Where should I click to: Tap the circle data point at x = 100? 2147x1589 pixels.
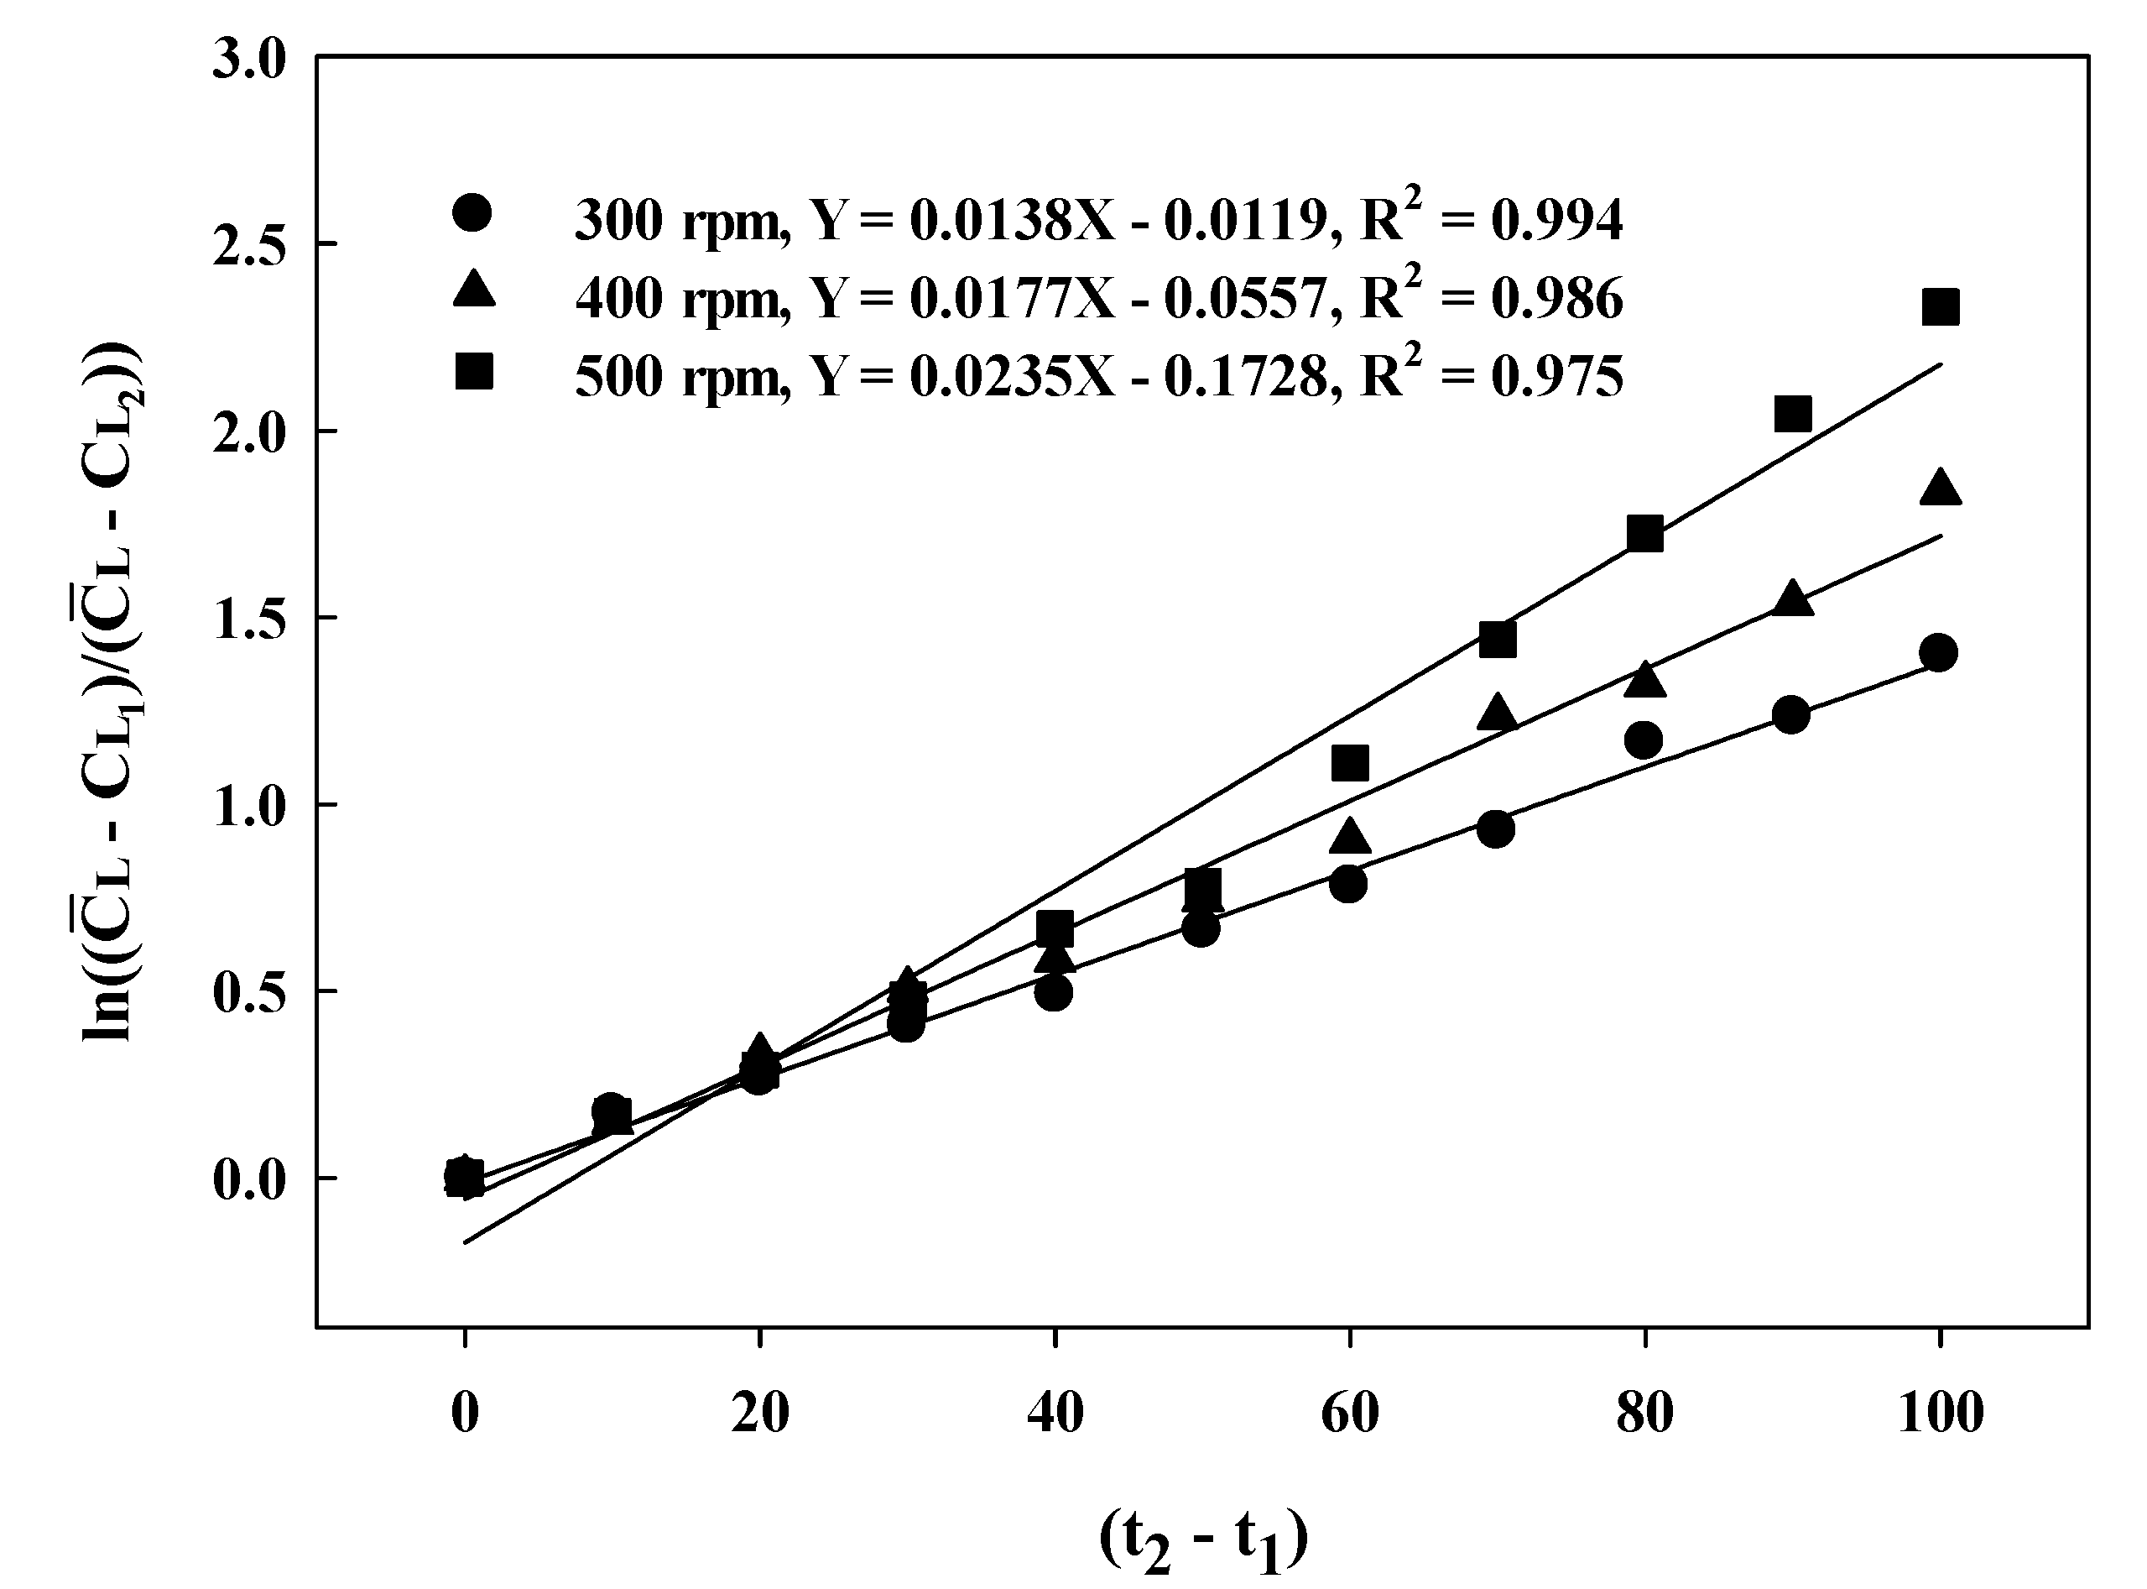pos(1938,653)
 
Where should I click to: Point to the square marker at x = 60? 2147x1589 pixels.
pos(1350,764)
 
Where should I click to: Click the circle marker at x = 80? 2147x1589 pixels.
pos(1644,740)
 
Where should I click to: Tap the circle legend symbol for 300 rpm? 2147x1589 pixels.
pos(472,212)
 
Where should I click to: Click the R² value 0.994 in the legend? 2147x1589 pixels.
pos(1558,220)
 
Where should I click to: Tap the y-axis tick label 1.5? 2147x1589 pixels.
pos(249,619)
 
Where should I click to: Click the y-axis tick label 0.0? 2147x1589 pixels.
pos(249,1180)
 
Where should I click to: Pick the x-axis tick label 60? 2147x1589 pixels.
pos(1350,1413)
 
